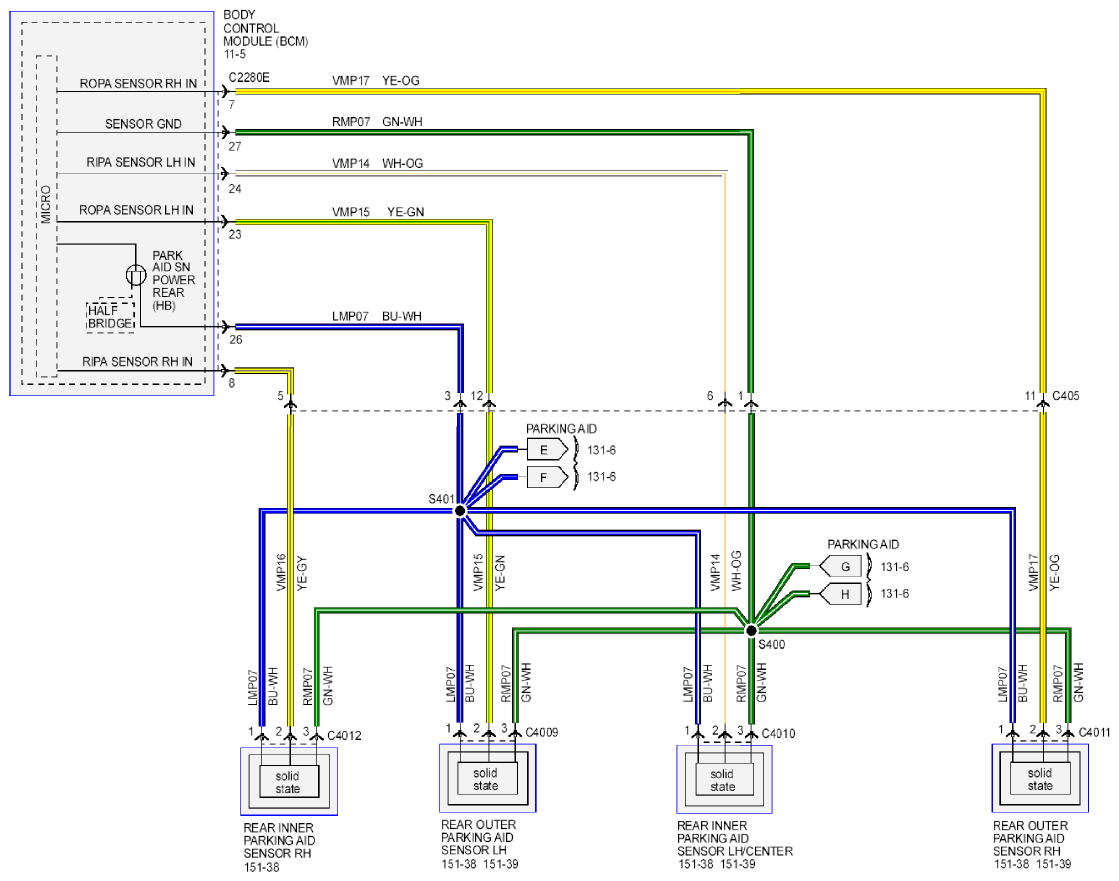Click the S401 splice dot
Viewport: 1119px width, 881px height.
pos(460,511)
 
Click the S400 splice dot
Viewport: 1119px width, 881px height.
pos(751,631)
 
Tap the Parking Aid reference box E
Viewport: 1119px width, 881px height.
pos(547,450)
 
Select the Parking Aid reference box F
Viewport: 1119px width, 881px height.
pos(547,477)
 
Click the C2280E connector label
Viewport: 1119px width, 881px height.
pos(249,77)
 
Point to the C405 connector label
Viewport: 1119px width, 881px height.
pos(1065,396)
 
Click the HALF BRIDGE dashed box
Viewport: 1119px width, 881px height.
pos(111,317)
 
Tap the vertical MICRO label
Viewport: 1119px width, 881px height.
pos(46,204)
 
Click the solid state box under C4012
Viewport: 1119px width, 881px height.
pos(288,782)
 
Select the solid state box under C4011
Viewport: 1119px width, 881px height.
pos(1040,779)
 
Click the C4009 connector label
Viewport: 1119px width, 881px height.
pos(542,733)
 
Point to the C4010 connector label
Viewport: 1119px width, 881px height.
pos(778,733)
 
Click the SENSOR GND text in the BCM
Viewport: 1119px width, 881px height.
pos(143,124)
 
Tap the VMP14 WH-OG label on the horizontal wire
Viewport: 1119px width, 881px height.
pos(378,163)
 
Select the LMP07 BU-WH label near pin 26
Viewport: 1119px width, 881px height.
pos(377,316)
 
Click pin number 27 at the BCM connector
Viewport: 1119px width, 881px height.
pos(235,147)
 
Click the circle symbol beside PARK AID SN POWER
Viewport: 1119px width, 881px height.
pos(136,275)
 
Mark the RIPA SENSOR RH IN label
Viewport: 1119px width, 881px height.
pos(137,362)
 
